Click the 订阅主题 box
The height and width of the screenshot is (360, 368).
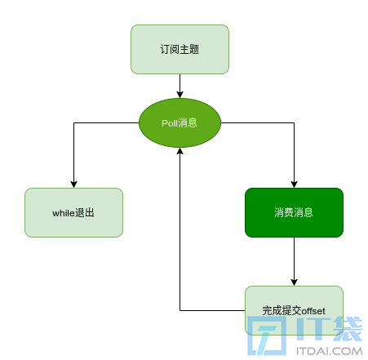point(180,49)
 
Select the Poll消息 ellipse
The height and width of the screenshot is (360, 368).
point(180,122)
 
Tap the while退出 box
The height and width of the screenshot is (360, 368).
point(73,212)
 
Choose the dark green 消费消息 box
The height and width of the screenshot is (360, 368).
point(294,212)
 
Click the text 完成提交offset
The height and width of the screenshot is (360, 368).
point(294,310)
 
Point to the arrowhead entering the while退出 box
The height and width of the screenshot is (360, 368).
point(73,184)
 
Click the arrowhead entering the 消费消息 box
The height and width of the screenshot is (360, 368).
point(294,184)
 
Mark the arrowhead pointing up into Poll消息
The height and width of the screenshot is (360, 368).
point(180,151)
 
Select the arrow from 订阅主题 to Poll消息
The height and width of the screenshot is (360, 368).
point(180,86)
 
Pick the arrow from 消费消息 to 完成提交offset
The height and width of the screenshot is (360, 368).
point(294,261)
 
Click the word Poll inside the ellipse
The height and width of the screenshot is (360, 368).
point(170,123)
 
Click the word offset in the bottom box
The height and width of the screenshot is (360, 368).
point(313,311)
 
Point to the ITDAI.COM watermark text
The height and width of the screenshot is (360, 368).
point(330,351)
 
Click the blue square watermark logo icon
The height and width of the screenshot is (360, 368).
point(267,336)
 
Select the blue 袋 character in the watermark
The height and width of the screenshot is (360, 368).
point(348,329)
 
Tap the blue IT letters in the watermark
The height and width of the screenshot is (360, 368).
point(313,329)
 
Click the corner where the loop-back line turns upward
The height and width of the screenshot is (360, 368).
point(180,310)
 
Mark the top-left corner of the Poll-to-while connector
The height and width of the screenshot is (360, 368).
point(73,122)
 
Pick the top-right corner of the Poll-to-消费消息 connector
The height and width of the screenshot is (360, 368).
point(294,122)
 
